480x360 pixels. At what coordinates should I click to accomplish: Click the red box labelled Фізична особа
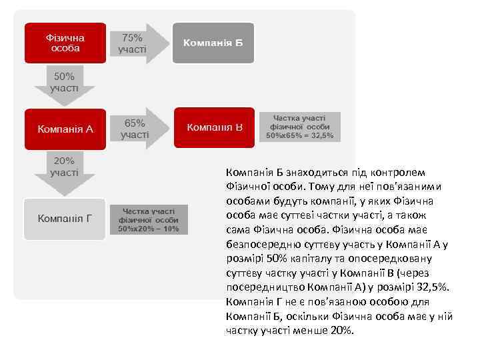coord(65,43)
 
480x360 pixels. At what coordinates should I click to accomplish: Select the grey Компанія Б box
coord(213,43)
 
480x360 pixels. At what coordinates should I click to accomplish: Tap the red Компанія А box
coord(65,129)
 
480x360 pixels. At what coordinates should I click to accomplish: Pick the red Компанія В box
coord(214,127)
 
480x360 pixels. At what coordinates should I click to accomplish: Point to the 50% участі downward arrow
coord(65,83)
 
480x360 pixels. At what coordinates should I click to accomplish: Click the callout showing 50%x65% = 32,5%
coord(299,126)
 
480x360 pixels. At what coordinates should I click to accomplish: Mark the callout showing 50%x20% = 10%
coord(149,219)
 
